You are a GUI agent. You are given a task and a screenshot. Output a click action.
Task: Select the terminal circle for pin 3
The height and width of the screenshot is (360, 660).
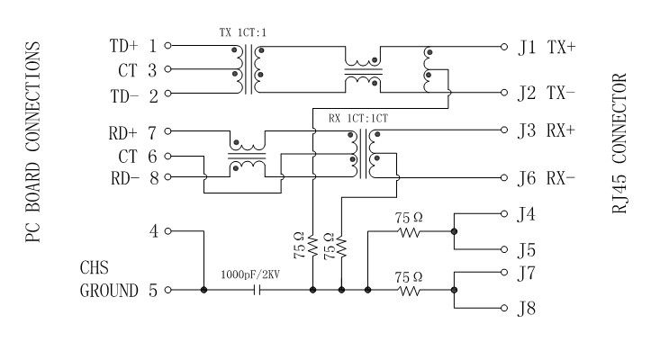coord(167,68)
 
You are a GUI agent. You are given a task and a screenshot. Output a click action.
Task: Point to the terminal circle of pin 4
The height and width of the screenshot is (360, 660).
coord(167,231)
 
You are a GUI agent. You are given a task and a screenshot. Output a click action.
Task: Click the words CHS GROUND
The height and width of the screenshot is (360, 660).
coord(108,280)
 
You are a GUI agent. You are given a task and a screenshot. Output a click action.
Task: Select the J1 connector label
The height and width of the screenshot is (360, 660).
coord(528,46)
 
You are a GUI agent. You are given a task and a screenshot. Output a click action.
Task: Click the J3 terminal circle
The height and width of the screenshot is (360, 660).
coord(504,130)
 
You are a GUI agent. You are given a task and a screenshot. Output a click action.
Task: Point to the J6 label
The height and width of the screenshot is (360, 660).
coord(528,177)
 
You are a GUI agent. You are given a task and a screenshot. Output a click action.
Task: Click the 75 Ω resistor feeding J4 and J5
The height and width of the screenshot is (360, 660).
coord(409,231)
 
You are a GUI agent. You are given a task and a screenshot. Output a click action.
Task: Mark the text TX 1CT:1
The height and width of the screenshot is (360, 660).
coord(243,31)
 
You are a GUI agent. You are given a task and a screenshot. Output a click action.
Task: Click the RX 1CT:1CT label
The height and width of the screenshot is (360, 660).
coord(357,117)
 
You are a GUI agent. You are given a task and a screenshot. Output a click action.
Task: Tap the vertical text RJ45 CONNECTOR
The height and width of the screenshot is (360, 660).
coord(622,143)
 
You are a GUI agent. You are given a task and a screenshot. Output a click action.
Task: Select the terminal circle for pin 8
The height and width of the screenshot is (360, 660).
coord(167,177)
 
